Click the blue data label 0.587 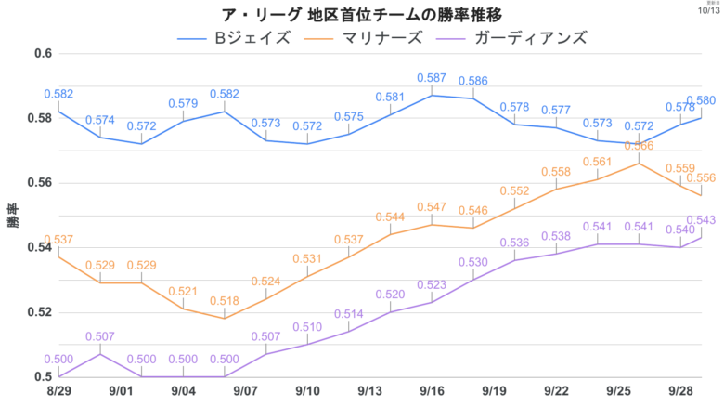point(433,78)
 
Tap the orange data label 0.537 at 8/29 point(58,240)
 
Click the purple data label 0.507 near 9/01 point(99,336)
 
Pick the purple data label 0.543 point(701,220)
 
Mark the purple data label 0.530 point(473,262)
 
